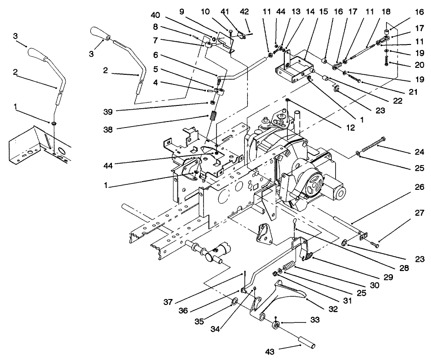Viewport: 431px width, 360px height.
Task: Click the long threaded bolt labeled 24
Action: (373, 146)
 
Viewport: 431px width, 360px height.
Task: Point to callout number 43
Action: (271, 351)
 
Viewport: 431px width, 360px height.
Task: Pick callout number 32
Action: (332, 309)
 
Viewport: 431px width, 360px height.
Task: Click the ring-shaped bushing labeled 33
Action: (276, 325)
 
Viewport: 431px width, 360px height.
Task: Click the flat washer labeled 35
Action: (234, 301)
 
